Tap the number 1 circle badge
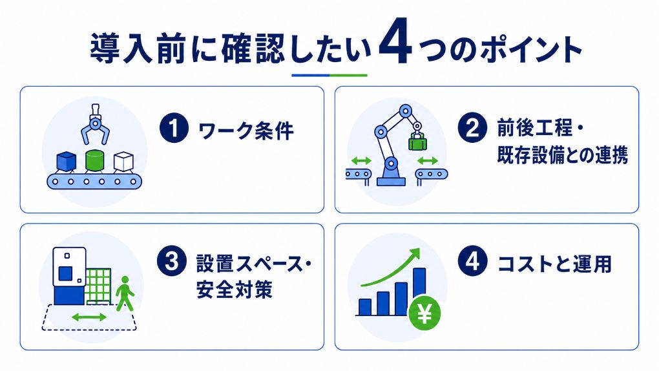(174, 129)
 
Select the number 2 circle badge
(472, 127)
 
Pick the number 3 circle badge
(171, 260)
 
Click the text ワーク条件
(246, 131)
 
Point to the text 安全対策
(235, 289)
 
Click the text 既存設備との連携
(562, 154)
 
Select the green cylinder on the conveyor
(94, 160)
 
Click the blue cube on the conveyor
(67, 162)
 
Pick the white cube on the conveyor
(123, 162)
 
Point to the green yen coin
(424, 313)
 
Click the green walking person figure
(125, 293)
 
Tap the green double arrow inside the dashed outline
(89, 317)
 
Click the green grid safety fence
(99, 287)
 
